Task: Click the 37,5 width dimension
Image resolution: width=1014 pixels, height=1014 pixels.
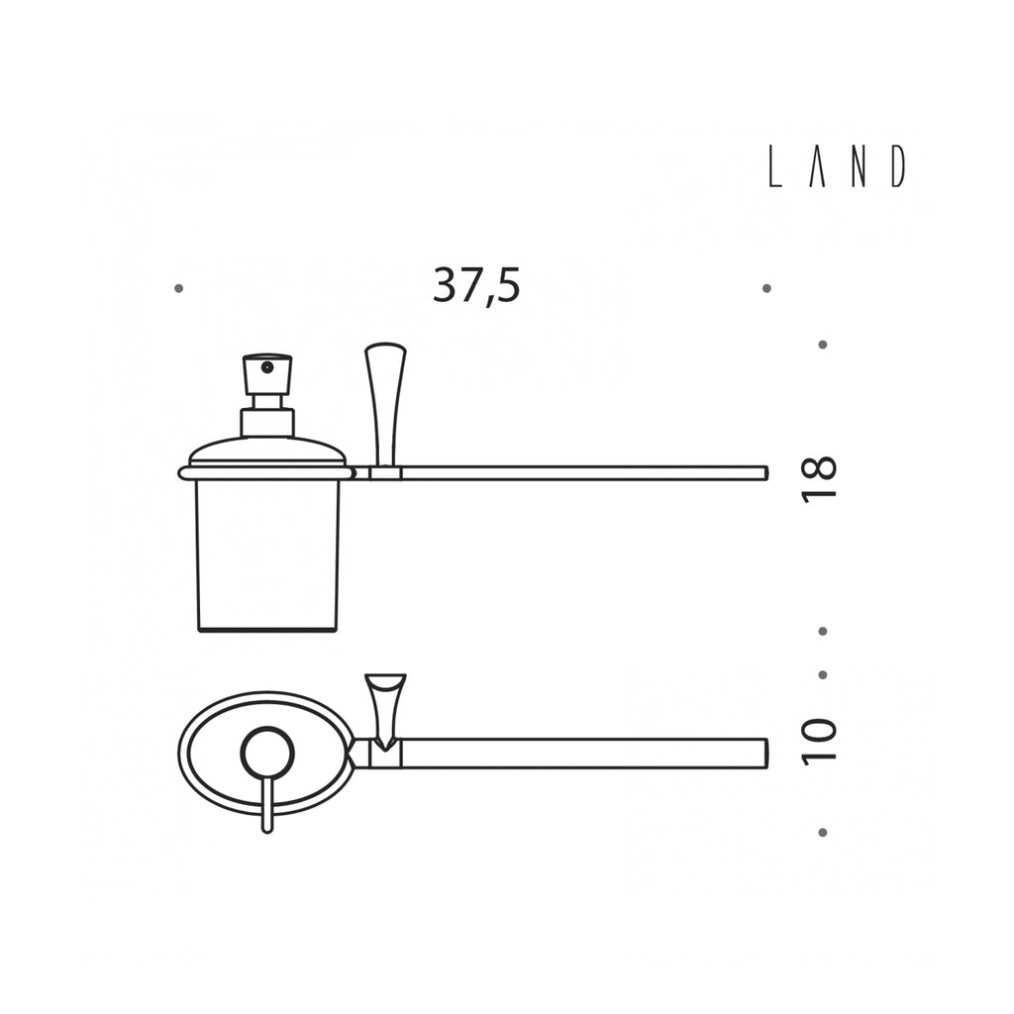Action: click(x=475, y=286)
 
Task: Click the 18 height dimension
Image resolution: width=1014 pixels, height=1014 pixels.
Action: click(x=820, y=479)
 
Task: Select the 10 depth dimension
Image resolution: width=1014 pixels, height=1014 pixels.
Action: click(x=820, y=741)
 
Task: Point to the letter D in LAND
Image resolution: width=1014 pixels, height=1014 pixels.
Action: click(x=897, y=166)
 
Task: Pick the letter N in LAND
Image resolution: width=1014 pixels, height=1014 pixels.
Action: click(x=858, y=166)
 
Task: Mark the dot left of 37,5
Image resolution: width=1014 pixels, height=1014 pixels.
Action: click(x=178, y=288)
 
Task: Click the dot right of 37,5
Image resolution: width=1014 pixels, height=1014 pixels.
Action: click(x=766, y=288)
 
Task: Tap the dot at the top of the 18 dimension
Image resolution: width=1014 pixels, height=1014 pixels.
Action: click(x=822, y=345)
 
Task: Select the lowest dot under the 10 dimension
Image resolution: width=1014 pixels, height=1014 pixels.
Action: click(x=822, y=833)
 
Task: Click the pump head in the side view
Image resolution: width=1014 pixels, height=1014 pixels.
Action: click(x=267, y=373)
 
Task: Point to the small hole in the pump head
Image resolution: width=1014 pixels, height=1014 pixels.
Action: click(x=265, y=367)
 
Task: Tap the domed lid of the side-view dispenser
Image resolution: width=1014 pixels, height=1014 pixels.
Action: click(x=267, y=452)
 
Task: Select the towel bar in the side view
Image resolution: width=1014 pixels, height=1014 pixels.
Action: click(x=584, y=472)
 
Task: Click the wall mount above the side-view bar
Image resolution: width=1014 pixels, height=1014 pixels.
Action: click(x=384, y=401)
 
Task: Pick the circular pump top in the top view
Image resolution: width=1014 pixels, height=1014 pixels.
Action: click(x=268, y=752)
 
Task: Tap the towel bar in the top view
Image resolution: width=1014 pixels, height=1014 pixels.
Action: click(x=584, y=753)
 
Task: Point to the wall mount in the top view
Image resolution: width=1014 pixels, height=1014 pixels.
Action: click(x=384, y=705)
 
